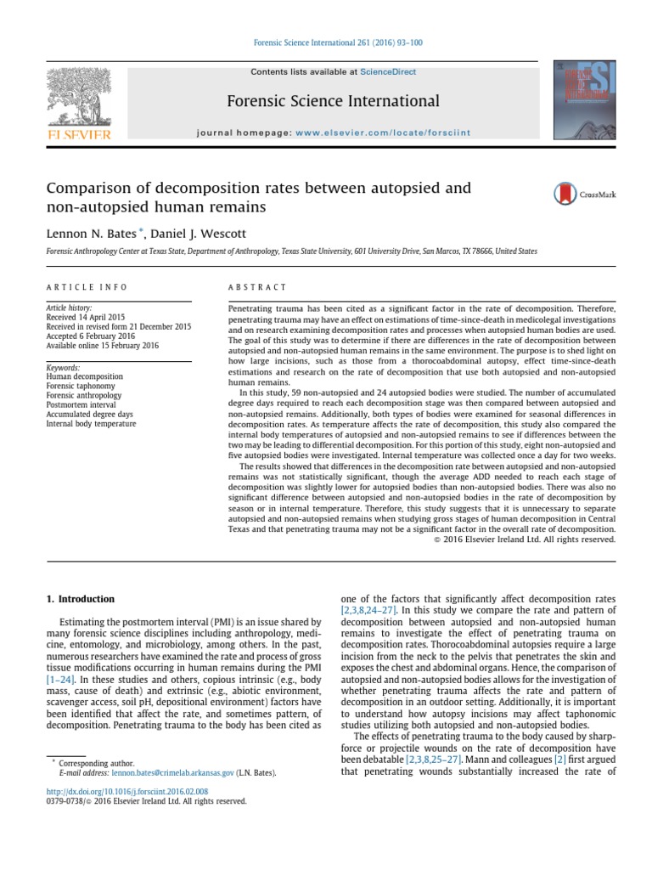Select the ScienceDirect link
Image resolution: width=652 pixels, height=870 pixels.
click(x=388, y=72)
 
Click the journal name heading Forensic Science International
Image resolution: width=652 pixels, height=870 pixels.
click(x=333, y=101)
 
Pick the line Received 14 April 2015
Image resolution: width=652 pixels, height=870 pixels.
click(x=85, y=317)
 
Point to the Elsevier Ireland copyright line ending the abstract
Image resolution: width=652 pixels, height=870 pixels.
click(x=525, y=539)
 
